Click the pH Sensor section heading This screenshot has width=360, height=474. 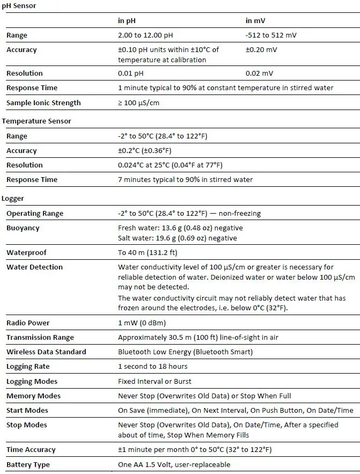coord(19,6)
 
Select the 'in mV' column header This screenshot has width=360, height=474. coord(255,21)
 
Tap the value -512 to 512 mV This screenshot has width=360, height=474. coord(271,35)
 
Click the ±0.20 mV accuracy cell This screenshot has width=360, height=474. coord(262,50)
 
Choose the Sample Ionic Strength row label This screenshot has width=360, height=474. coord(43,103)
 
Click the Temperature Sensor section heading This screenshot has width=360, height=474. coord(36,121)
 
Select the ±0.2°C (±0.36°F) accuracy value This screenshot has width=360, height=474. coord(145,151)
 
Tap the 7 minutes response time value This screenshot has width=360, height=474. coord(185,180)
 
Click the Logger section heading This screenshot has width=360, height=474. coord(13,199)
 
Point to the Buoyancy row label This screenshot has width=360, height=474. coord(23,228)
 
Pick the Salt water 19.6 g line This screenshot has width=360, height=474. coord(177,238)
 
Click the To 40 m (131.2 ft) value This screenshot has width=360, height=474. coord(148,253)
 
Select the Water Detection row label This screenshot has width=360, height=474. coord(34,267)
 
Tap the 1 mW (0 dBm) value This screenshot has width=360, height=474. coord(142,323)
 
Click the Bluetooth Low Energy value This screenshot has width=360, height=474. coord(185,352)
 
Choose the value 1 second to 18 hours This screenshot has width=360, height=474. coord(153,367)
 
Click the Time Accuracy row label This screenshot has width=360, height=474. coord(31,450)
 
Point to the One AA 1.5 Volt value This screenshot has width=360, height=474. coord(174,465)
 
